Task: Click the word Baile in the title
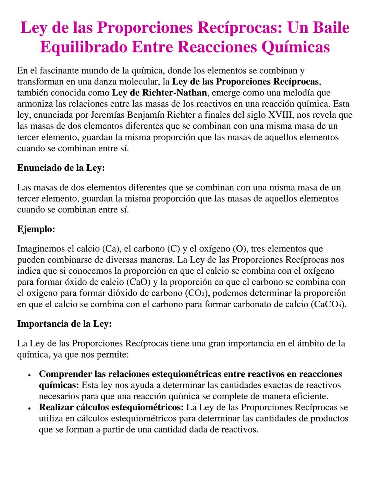tap(328, 28)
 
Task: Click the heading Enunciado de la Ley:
tap(61, 168)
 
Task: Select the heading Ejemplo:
tap(36, 229)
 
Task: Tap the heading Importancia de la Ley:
tap(64, 324)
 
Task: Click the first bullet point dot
tap(30, 374)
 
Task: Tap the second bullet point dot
tap(30, 408)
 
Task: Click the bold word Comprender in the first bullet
tap(65, 374)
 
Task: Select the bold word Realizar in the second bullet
tap(58, 408)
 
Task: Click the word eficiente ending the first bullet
tap(310, 396)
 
